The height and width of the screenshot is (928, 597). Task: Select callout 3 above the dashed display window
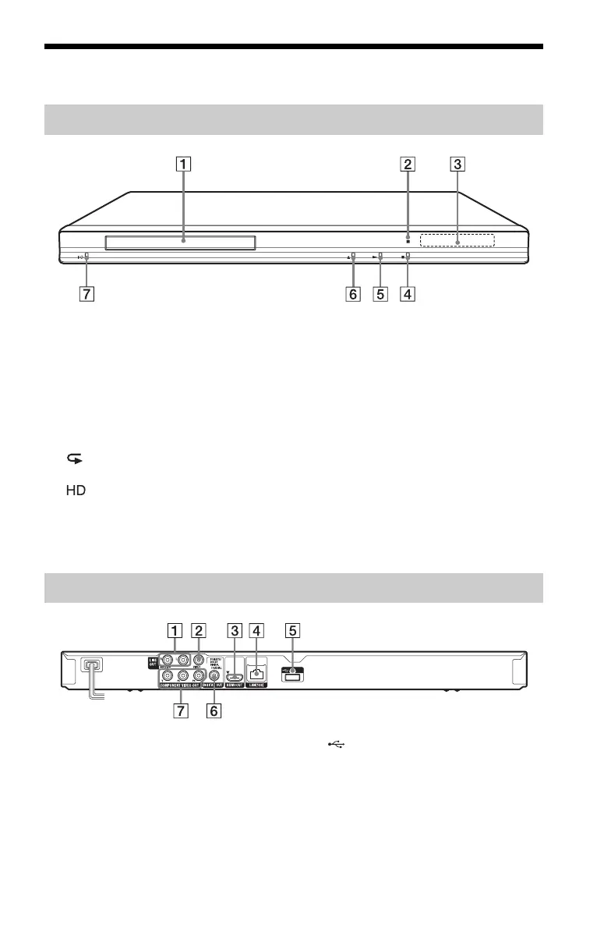457,165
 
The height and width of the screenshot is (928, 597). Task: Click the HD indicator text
76,494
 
